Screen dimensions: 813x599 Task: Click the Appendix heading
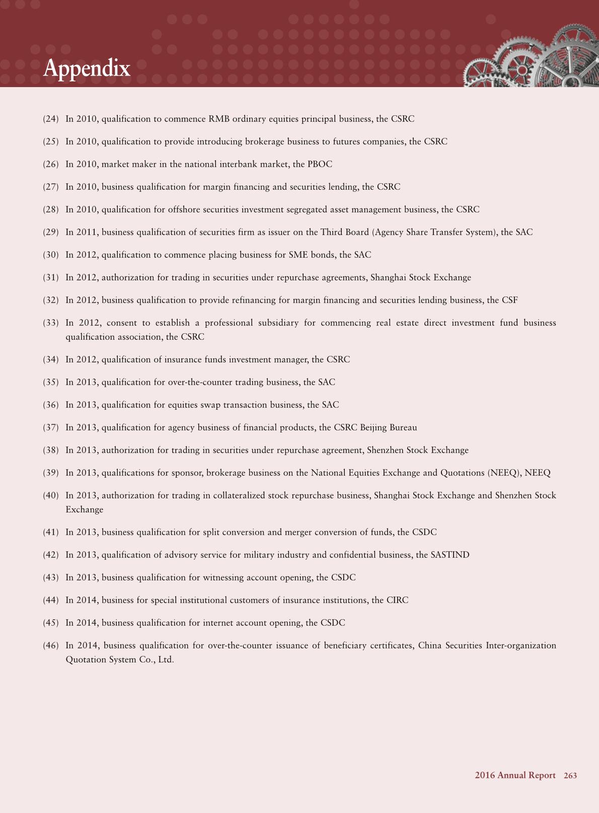click(x=87, y=68)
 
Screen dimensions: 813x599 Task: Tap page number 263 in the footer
click(x=570, y=775)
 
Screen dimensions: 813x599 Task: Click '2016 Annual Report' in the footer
click(x=515, y=775)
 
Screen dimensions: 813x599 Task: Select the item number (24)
click(x=51, y=119)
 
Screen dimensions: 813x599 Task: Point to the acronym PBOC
click(x=320, y=164)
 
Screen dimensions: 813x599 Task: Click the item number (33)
click(x=51, y=323)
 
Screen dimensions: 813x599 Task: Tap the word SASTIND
click(x=450, y=555)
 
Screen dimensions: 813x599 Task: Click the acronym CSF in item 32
click(x=509, y=300)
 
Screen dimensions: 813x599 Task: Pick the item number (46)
click(x=51, y=645)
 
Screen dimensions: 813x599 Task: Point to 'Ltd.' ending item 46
click(x=166, y=659)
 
